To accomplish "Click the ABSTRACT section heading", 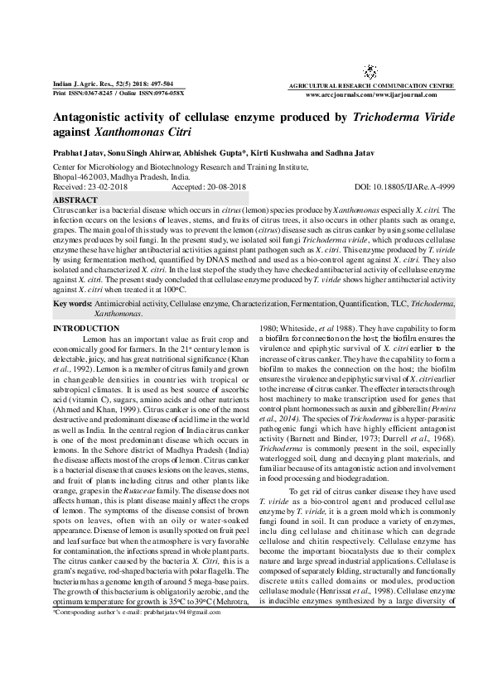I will pos(75,200).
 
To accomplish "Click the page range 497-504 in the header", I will pos(157,86).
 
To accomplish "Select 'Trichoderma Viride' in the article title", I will pos(403,118).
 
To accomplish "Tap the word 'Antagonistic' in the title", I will pos(93,118).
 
